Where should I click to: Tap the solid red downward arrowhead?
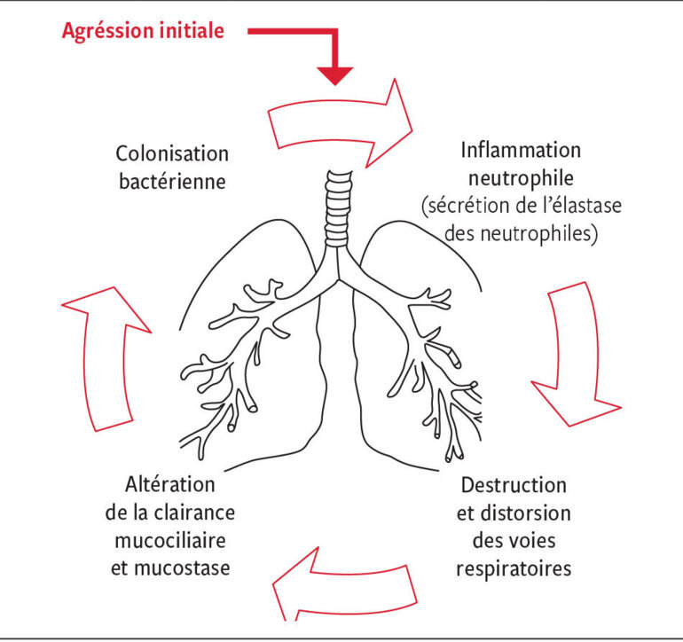tap(335, 74)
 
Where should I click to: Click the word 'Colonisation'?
tap(171, 153)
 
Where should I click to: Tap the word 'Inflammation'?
tap(521, 149)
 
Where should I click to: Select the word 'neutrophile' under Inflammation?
tap(521, 177)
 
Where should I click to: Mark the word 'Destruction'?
tap(514, 485)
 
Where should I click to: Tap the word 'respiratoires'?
tap(514, 568)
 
